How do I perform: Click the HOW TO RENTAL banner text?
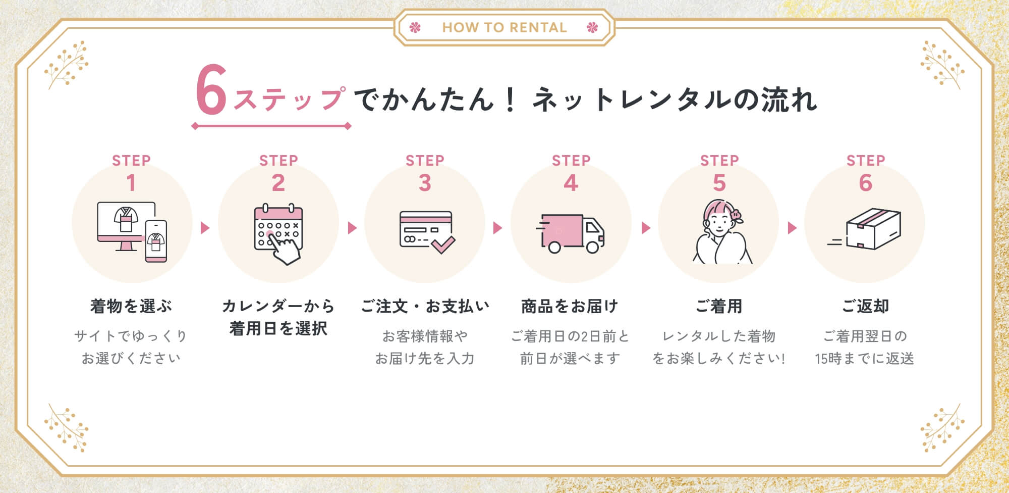[504, 27]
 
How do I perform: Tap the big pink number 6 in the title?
[211, 90]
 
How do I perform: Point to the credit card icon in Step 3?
[425, 229]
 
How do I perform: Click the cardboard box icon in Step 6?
[873, 228]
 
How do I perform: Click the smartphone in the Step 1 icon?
[156, 241]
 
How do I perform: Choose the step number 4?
[571, 183]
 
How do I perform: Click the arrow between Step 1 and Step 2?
[205, 228]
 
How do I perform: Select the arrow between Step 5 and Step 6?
[792, 228]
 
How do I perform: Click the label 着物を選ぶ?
[131, 306]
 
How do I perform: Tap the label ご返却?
[865, 306]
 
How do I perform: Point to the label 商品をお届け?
[570, 306]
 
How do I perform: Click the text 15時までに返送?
[864, 359]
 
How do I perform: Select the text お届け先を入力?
[425, 359]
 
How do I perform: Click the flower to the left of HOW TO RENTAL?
[415, 27]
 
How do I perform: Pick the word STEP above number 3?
[425, 161]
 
